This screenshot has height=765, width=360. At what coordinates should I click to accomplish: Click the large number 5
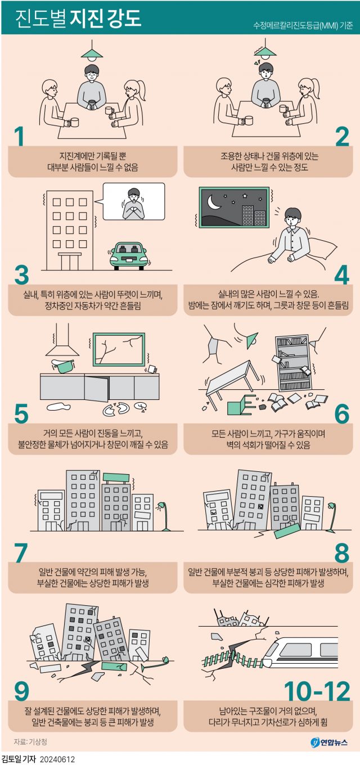pos(21,414)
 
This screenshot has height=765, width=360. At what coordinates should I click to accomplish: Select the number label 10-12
pos(317,691)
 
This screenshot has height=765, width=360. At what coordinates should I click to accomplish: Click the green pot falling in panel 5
pos(63,366)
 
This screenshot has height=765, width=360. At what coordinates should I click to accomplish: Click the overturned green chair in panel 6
pos(241,404)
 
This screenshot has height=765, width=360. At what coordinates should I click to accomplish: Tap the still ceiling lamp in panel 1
pos(92,51)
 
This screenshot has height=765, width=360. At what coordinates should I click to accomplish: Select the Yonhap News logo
pos(328,742)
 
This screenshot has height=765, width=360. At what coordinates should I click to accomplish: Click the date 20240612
pos(57,759)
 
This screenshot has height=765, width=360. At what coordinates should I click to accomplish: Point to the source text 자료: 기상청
pos(30,741)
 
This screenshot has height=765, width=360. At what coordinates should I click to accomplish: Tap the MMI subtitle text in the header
pos(303,25)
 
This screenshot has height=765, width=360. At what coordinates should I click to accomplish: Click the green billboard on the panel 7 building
pos(116,477)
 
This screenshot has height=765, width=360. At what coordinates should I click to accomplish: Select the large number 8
pos(342,553)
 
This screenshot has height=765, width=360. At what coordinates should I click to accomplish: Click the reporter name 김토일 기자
pos(19,759)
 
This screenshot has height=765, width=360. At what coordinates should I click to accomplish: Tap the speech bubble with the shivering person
pos(133,202)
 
